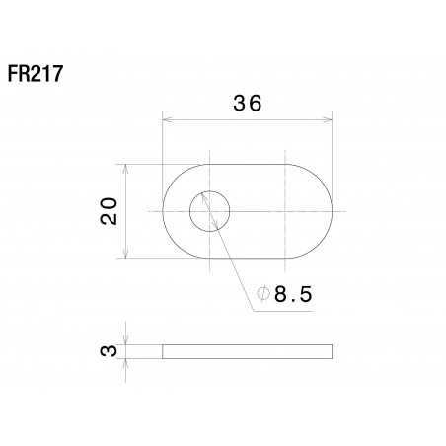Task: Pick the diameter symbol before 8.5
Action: [263, 294]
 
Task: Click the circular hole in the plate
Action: [209, 210]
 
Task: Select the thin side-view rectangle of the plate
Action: [247, 351]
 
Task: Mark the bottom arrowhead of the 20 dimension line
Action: [125, 256]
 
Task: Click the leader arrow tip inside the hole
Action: [201, 193]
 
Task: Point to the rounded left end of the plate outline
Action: [163, 210]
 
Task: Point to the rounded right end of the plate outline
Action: [333, 210]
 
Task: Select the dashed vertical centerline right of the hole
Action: [285, 237]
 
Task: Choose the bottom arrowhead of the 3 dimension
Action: [125, 360]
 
